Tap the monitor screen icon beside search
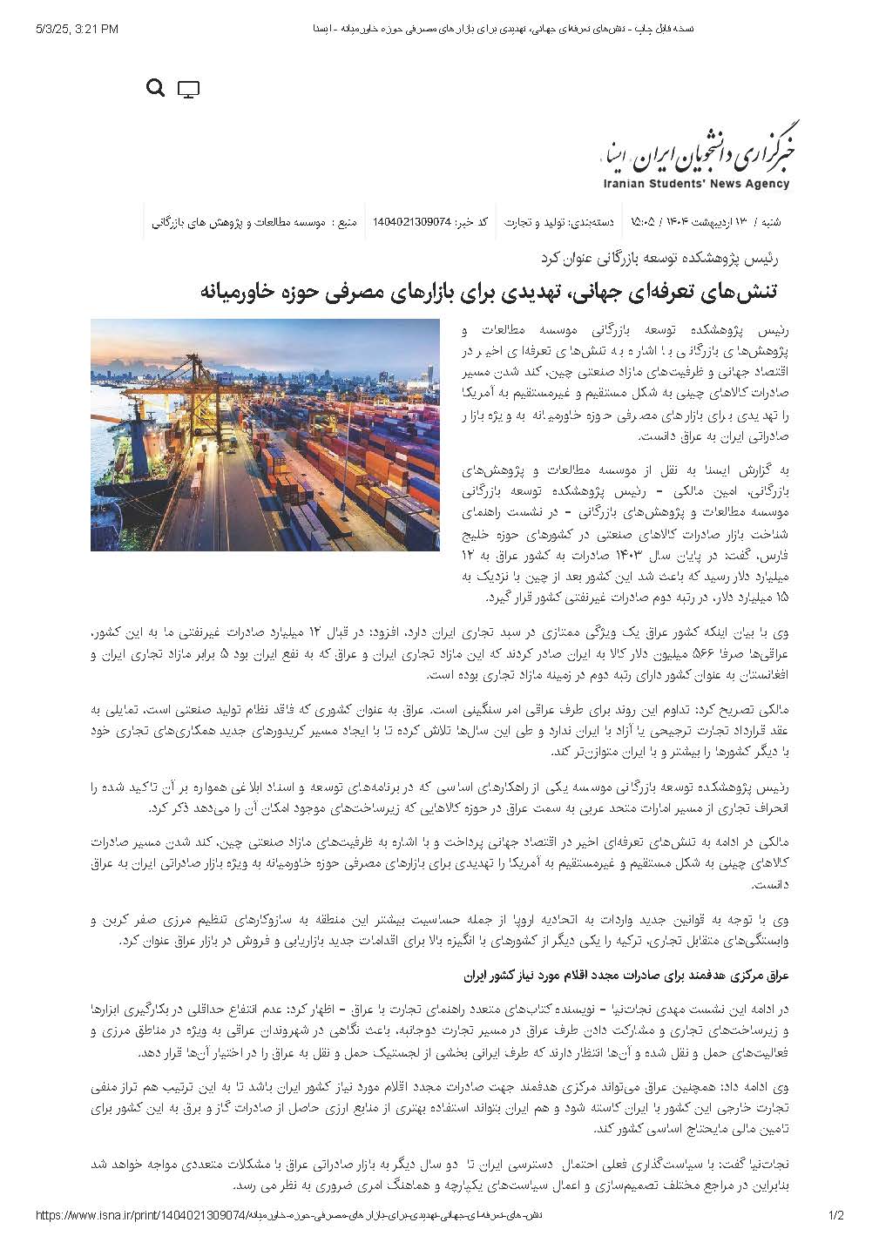188,89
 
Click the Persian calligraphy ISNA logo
694,150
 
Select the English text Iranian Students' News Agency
695,185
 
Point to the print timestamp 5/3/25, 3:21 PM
78,30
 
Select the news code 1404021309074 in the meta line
411,222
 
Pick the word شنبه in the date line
770,222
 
